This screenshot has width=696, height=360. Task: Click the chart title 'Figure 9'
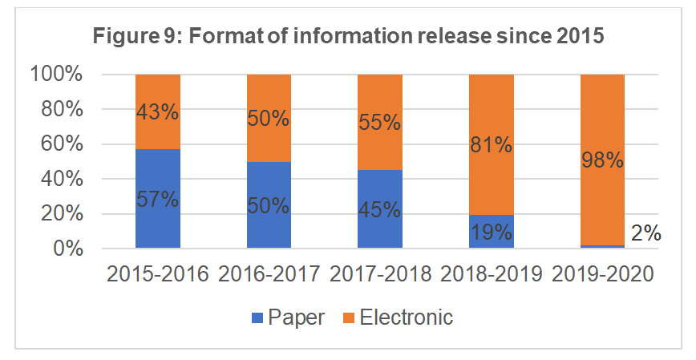(x=347, y=36)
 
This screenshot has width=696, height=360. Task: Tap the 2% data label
(x=645, y=233)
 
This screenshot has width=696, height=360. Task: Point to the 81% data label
(x=491, y=146)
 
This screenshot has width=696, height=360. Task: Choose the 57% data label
(x=157, y=198)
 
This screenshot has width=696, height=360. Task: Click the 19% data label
(x=491, y=234)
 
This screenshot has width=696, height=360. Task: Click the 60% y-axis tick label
(x=59, y=144)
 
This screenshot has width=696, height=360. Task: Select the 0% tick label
(x=64, y=249)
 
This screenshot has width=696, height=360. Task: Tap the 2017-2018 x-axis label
(x=379, y=274)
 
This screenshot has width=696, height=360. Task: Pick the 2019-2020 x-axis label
(x=601, y=274)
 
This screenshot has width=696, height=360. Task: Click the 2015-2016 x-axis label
(x=157, y=274)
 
